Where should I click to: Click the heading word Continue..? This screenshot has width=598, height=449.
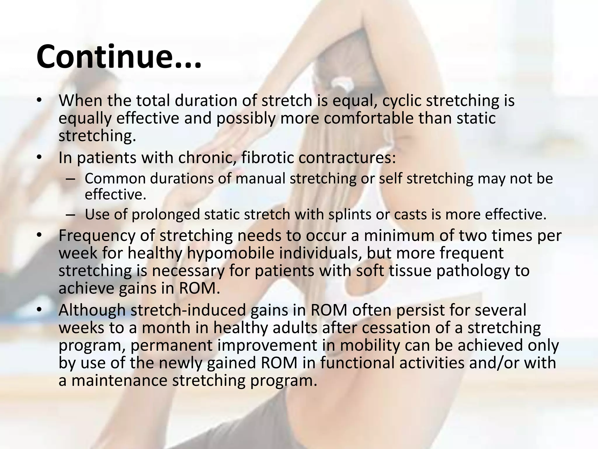118,56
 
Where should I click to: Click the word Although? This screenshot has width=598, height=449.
92,310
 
